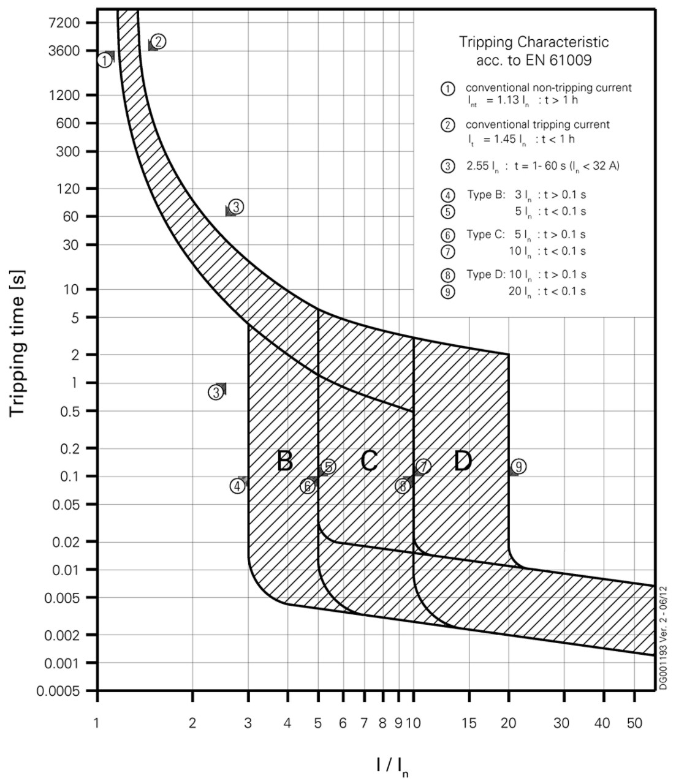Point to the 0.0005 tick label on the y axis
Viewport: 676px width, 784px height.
[62, 691]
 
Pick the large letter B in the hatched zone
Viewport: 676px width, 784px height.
[284, 461]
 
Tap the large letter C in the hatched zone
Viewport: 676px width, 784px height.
[368, 461]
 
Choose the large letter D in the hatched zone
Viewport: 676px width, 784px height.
[463, 461]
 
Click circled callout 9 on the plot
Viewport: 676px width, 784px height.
[518, 467]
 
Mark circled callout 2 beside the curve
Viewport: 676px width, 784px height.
[158, 41]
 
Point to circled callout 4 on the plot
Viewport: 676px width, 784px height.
[237, 486]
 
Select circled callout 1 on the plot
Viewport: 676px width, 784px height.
[105, 60]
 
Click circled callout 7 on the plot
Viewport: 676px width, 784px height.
[423, 466]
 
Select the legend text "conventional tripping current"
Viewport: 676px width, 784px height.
[537, 124]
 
